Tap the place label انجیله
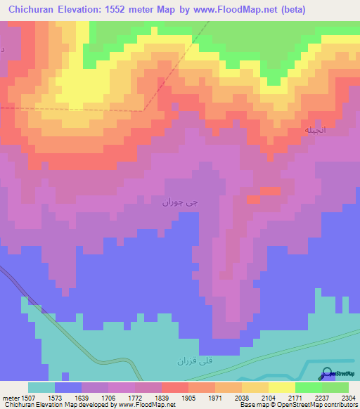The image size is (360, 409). tap(315, 131)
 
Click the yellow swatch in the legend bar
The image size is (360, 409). tap(281, 387)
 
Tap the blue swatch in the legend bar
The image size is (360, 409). tap(68, 387)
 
